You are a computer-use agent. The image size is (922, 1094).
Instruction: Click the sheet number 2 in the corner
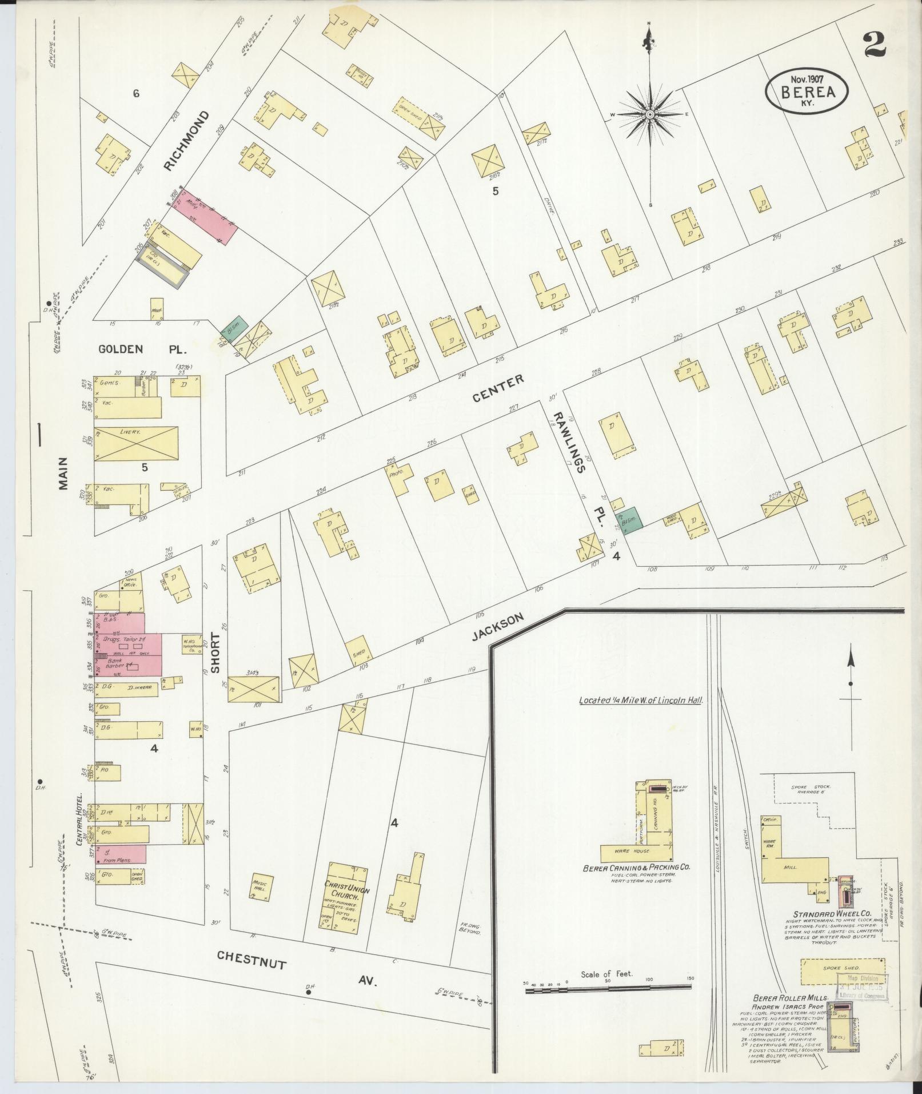[x=874, y=45]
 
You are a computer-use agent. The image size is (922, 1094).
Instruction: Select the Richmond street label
[x=186, y=141]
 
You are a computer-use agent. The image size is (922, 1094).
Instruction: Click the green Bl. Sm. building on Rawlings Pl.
[x=631, y=518]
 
